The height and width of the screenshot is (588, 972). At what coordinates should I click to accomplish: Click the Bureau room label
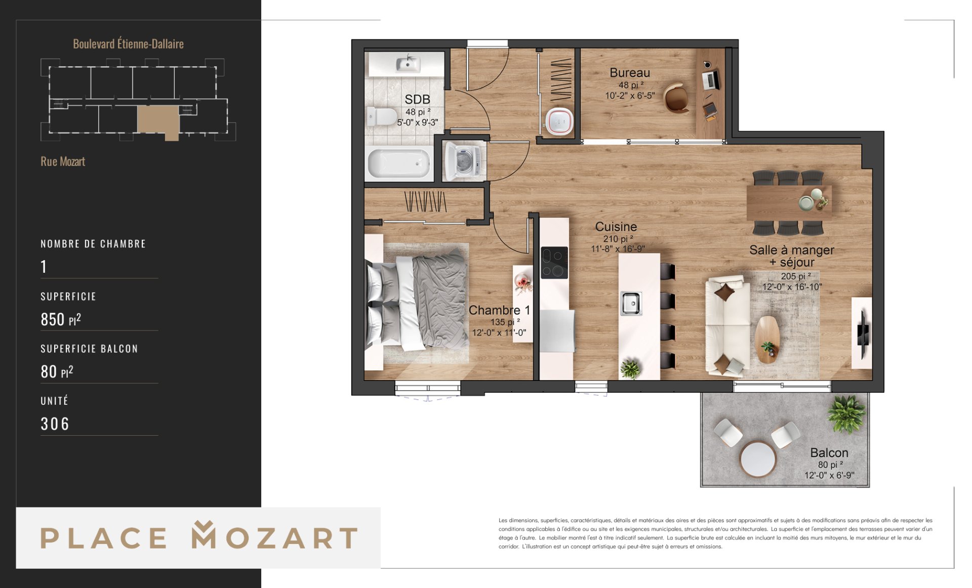[629, 73]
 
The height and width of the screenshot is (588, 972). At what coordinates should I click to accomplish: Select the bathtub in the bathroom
[399, 163]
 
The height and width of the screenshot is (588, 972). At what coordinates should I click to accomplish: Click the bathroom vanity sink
[408, 64]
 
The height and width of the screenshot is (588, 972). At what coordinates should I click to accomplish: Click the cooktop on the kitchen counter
[554, 263]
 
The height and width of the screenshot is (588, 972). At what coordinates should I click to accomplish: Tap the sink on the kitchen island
[631, 303]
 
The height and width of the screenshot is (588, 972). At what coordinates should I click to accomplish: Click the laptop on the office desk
[711, 79]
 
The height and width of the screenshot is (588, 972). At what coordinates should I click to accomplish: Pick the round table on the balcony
[758, 459]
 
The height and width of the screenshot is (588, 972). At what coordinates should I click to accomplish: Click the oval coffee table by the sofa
[767, 340]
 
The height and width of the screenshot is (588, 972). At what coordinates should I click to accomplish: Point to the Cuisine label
[616, 227]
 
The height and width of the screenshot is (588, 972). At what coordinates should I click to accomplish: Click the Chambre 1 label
[499, 310]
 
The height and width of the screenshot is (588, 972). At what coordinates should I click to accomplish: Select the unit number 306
[55, 424]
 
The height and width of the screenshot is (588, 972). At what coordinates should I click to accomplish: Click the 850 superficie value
[53, 319]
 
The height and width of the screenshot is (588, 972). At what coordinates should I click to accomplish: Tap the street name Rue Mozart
[63, 161]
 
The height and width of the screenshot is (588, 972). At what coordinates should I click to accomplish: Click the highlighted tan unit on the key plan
[158, 121]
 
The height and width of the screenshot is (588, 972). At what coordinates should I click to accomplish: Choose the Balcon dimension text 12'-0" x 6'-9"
[829, 476]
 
